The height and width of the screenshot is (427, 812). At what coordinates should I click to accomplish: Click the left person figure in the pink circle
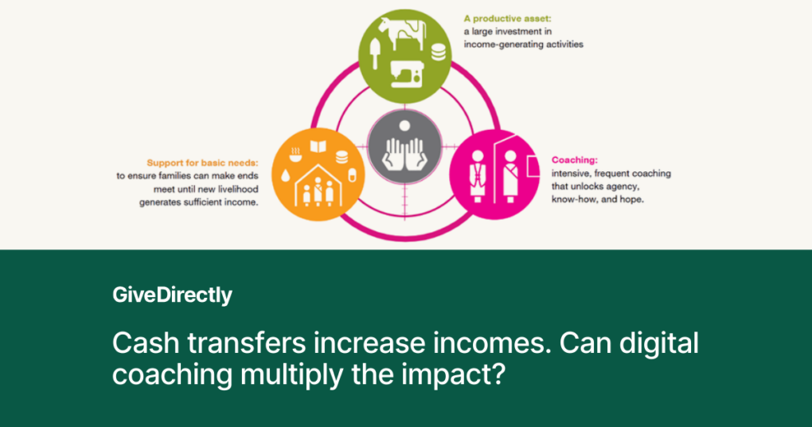pos(479,173)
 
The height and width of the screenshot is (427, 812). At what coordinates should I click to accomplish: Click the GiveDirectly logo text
pos(172,296)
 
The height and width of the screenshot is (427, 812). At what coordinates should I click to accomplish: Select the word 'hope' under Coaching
pos(628,198)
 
